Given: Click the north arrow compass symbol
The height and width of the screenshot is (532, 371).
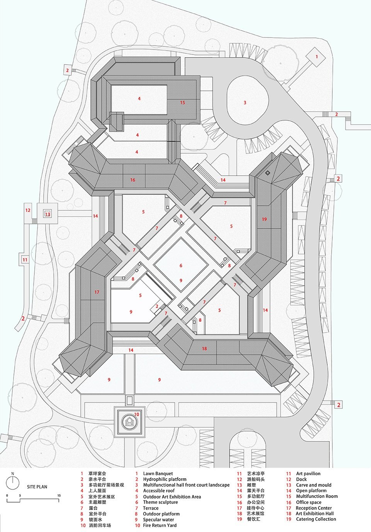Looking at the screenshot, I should tap(13, 482).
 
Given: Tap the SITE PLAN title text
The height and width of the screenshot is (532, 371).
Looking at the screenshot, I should tap(37, 487).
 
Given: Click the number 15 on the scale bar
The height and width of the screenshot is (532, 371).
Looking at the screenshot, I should tap(59, 495).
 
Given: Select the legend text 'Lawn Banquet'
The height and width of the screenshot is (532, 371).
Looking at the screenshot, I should tap(158, 474).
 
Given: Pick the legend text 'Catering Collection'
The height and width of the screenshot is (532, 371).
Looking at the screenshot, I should tap(316, 519).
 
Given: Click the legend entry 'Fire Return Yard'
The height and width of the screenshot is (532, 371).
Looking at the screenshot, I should tap(160, 525).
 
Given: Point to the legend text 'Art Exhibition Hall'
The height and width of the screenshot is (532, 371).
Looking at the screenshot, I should tap(315, 513).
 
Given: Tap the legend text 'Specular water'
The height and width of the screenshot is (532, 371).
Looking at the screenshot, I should tap(158, 520).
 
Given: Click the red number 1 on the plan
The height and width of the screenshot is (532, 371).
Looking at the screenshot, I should tap(317, 57).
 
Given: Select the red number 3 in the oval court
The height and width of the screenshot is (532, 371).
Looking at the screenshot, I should tap(245, 102).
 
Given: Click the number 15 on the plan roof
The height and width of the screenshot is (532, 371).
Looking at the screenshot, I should tap(182, 102).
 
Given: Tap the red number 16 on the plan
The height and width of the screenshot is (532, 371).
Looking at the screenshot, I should tap(133, 180).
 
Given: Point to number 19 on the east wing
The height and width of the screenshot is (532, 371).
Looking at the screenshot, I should tap(264, 219).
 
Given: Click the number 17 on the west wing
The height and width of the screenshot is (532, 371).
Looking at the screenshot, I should tap(97, 292).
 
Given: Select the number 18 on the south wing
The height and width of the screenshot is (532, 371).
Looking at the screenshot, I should tap(204, 348).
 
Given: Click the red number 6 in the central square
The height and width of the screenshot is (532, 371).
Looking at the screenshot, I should tap(180, 266).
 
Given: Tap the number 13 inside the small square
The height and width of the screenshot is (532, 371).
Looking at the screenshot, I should tap(48, 214).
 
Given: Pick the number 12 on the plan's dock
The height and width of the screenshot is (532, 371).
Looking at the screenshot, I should tap(28, 210).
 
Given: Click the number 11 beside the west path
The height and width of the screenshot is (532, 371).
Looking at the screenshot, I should tap(25, 260).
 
